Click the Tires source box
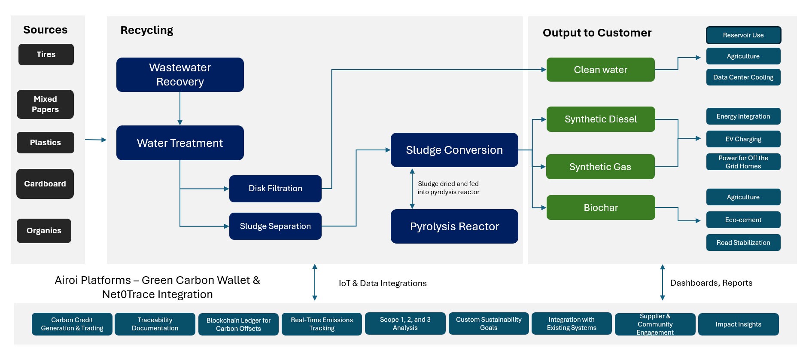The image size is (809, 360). pyautogui.click(x=46, y=55)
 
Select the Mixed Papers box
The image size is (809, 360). pyautogui.click(x=45, y=104)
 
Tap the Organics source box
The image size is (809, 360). pyautogui.click(x=44, y=231)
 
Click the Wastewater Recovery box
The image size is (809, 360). pyautogui.click(x=180, y=75)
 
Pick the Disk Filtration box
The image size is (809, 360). pyautogui.click(x=275, y=189)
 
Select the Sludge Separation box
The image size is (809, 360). pyautogui.click(x=275, y=226)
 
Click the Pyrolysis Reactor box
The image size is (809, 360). pyautogui.click(x=454, y=226)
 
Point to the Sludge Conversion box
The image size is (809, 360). pyautogui.click(x=454, y=150)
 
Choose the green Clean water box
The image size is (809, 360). pyautogui.click(x=600, y=70)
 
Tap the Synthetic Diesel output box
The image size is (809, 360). pyautogui.click(x=600, y=119)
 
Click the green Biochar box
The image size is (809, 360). pyautogui.click(x=600, y=207)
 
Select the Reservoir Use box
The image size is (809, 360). pyautogui.click(x=743, y=35)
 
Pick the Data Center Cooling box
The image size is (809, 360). pyautogui.click(x=743, y=77)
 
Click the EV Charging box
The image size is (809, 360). pyautogui.click(x=743, y=139)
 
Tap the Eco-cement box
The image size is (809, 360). pyautogui.click(x=743, y=220)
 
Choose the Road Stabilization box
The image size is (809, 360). pyautogui.click(x=743, y=243)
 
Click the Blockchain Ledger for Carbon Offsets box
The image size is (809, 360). pyautogui.click(x=238, y=324)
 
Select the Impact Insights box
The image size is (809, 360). pyautogui.click(x=738, y=324)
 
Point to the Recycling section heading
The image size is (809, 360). pyautogui.click(x=147, y=31)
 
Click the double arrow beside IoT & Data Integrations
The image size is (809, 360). pyautogui.click(x=315, y=282)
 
